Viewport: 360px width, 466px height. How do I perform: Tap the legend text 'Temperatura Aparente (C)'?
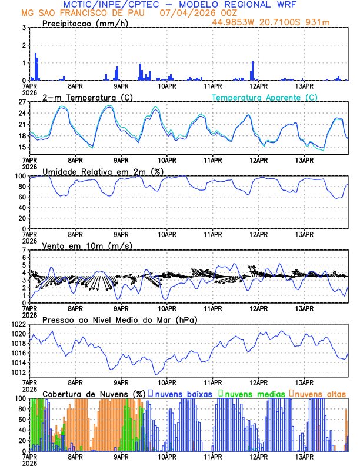click(x=264, y=97)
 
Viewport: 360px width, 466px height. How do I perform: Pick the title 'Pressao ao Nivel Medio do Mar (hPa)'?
click(x=119, y=319)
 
